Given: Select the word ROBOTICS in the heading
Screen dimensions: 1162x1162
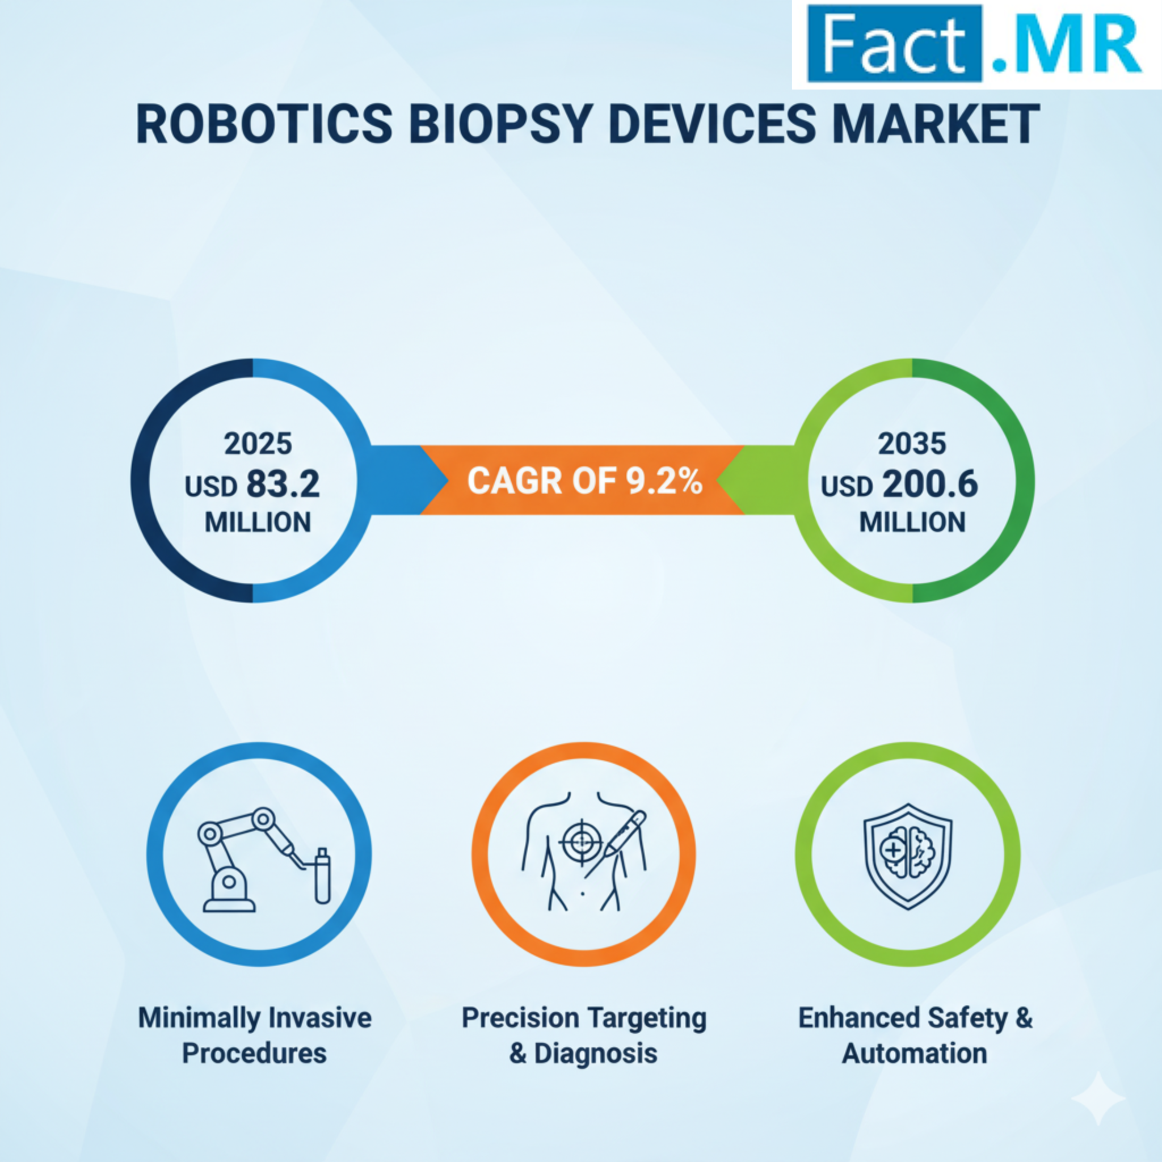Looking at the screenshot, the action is (264, 124).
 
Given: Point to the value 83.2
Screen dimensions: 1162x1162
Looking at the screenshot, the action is (282, 484).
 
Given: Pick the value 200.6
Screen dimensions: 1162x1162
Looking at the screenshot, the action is (930, 484).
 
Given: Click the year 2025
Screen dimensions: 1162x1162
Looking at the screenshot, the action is (258, 444).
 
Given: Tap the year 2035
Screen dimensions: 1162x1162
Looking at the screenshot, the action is (912, 444).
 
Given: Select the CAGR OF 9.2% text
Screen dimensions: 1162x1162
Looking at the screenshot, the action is (584, 481).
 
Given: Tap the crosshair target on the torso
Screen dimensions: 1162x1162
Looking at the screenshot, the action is (581, 843).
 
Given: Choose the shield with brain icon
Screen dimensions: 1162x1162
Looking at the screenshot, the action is (908, 856).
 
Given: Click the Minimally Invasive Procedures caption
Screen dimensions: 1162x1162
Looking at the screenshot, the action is (255, 1035).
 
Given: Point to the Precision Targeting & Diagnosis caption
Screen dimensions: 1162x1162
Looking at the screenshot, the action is (584, 1035).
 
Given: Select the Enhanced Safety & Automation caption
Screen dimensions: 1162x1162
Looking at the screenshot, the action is (915, 1035).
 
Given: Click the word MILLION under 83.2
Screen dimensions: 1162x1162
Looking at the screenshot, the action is (258, 523).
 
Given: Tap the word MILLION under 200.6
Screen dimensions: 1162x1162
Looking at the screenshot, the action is (912, 523).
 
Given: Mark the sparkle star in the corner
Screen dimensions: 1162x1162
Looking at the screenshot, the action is (1098, 1099).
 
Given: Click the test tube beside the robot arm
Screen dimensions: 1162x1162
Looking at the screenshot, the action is (322, 876).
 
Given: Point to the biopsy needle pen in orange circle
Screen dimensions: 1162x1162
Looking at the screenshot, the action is (616, 842).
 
